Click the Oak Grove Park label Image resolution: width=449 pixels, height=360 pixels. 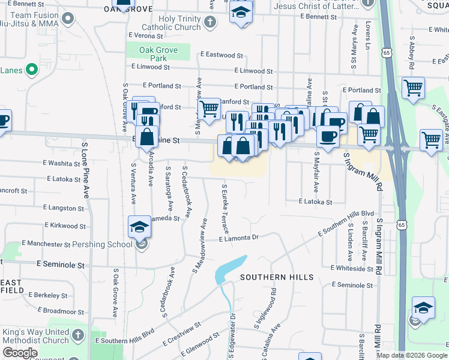(x=158, y=54)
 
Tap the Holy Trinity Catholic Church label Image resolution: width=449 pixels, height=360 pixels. (x=175, y=23)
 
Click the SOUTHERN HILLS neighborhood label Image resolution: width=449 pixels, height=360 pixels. (x=277, y=277)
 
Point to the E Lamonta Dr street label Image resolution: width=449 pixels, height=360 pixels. (x=238, y=238)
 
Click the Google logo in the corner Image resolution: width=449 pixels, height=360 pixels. (x=20, y=353)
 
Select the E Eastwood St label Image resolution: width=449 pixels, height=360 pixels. (x=221, y=55)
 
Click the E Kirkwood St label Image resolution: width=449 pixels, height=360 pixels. (x=65, y=226)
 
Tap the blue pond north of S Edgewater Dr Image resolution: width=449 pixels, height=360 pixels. (x=229, y=269)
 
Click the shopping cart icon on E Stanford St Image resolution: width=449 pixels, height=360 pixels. (x=209, y=109)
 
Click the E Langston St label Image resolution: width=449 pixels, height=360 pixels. (x=65, y=207)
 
